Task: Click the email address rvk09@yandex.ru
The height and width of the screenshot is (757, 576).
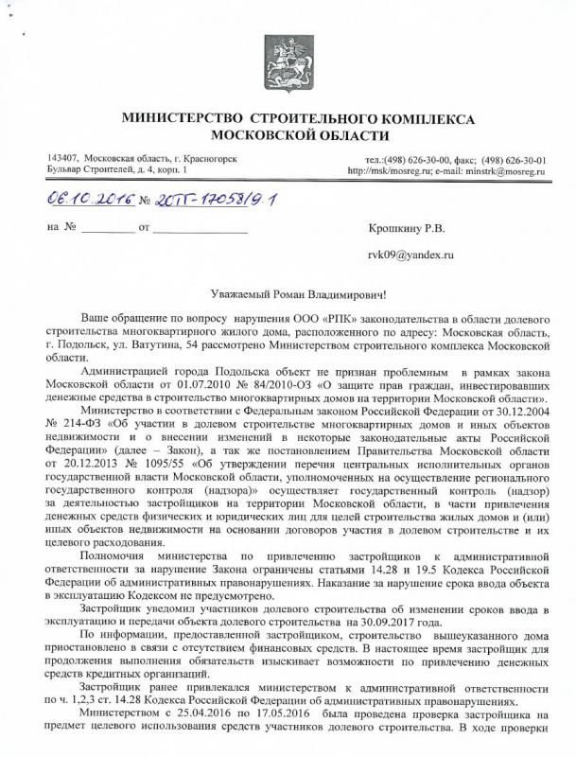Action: point(411,255)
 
